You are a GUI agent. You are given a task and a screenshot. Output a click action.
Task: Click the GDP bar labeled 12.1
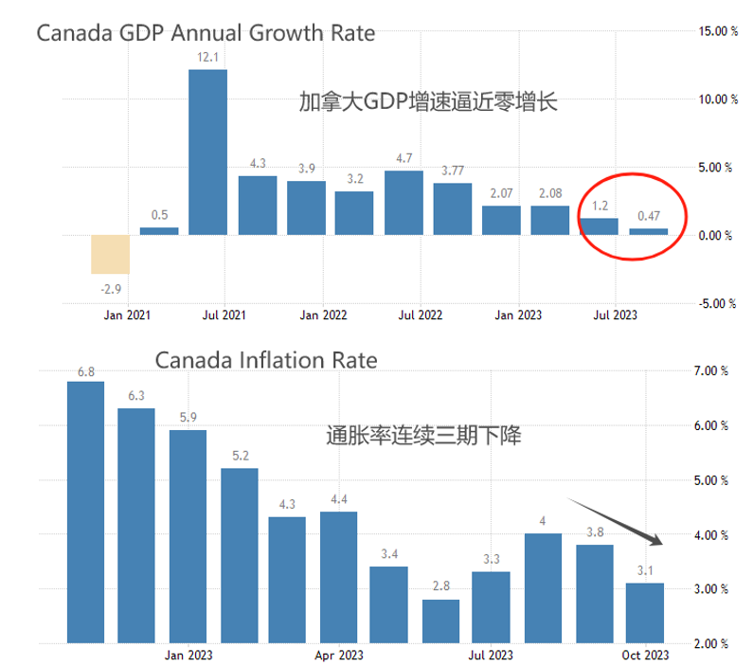point(207,152)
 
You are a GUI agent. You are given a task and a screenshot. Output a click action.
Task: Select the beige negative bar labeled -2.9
point(110,254)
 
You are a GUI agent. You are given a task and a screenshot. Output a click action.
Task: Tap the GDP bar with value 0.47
point(648,231)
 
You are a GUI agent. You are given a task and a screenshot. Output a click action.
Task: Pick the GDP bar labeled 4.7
point(403,202)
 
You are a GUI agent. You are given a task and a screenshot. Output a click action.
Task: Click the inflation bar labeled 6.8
point(85,512)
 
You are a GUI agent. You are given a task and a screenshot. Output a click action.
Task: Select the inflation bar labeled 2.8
point(440,621)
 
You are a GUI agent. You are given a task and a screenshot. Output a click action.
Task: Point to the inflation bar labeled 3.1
point(645,612)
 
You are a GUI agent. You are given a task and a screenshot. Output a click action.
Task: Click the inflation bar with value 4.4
point(338,576)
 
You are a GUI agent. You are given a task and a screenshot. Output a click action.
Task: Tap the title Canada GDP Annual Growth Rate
point(206,34)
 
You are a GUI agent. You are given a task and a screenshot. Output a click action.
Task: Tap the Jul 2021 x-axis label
point(224,315)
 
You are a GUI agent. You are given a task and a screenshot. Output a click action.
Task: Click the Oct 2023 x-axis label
point(646,655)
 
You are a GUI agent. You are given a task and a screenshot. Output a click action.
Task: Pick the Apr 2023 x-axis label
point(339,655)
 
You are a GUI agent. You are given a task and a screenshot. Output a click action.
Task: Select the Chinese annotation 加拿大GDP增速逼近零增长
point(428,101)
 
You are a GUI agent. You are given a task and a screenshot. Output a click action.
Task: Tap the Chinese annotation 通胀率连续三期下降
point(423,437)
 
